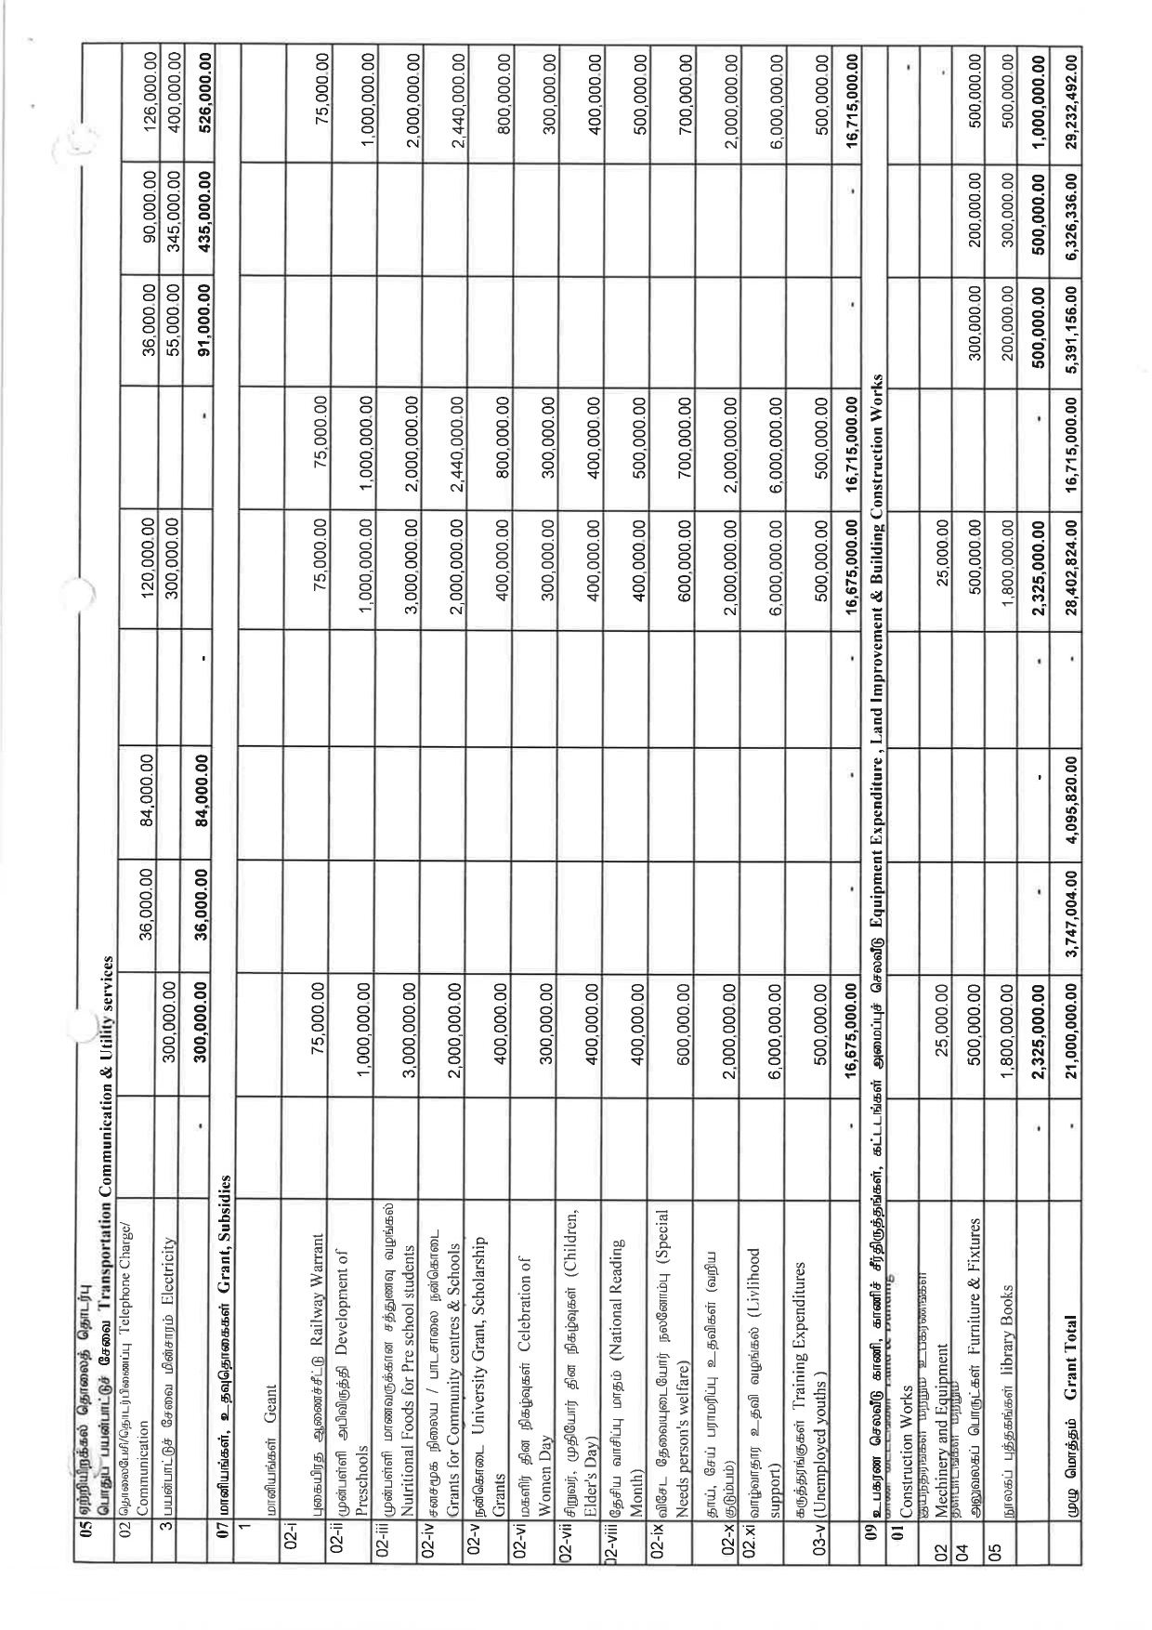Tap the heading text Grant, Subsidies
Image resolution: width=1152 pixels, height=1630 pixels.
point(222,1212)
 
